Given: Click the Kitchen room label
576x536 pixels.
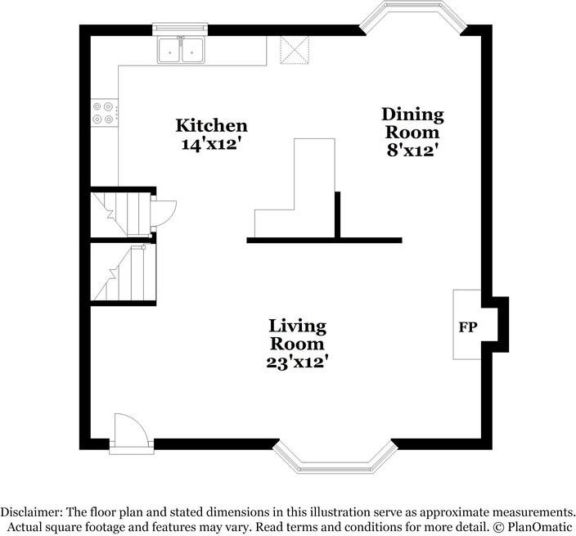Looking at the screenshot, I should [211, 126].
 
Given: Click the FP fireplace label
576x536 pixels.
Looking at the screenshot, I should [468, 327].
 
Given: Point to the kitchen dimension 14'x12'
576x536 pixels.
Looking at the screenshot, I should [211, 144].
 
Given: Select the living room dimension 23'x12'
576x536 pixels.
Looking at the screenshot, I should [298, 361].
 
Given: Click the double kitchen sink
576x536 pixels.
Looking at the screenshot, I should [181, 51].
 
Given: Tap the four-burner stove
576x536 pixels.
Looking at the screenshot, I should [105, 112].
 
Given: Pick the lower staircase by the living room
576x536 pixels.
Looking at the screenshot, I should [123, 273].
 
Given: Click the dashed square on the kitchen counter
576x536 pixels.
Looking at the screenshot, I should [292, 49].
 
